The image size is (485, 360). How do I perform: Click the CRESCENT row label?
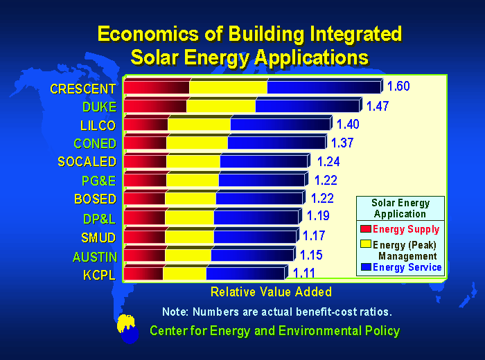coord(82,89)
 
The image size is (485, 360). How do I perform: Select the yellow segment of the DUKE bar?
coord(220,106)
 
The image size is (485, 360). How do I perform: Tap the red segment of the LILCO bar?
coord(145,125)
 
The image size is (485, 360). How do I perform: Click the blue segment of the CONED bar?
coord(276,143)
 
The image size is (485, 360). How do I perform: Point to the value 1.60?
coord(398,87)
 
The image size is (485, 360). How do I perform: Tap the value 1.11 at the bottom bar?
coord(306,273)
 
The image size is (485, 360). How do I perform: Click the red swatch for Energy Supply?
coord(366,229)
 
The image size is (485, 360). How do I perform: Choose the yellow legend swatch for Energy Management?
coord(366,245)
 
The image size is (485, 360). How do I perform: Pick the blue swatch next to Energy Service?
coord(366,267)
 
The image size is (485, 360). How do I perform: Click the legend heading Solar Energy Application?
coord(400,208)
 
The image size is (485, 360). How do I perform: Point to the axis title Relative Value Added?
coord(271,291)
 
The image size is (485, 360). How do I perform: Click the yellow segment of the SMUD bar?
coord(189,237)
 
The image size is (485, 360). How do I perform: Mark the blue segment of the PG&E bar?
coord(261,180)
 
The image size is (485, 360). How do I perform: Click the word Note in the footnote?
coord(175,311)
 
